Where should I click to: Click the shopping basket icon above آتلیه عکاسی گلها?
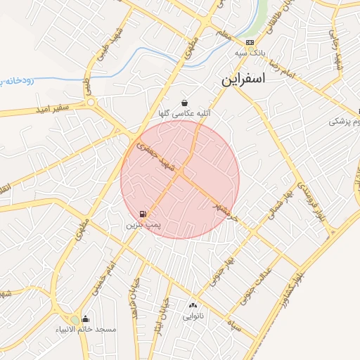coord(184,103)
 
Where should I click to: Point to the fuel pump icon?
coord(143,214)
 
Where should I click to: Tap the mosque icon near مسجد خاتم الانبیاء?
coord(86,319)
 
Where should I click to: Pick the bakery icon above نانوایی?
coord(193,306)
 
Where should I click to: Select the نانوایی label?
coord(195,316)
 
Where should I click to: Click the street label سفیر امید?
coord(45,110)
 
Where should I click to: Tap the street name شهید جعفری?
coord(154,157)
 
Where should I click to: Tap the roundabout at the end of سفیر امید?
coord(91,103)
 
